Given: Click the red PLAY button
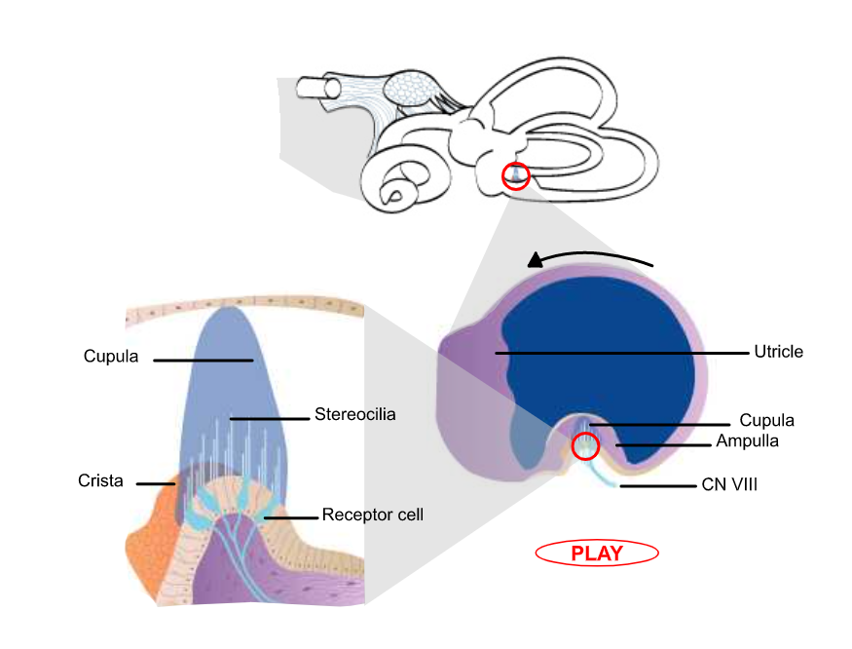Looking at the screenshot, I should coord(597,554).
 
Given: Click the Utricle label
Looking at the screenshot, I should coord(778,352).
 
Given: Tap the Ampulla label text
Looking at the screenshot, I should coord(747,441).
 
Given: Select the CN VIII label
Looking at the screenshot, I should coord(729,483).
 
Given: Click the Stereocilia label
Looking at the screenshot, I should coord(355,415).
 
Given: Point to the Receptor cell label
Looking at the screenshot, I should coord(372,515).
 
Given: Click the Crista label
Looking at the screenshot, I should coord(100,481).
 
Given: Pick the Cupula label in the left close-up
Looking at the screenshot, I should coord(111,357).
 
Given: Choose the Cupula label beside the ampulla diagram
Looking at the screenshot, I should coord(766,421).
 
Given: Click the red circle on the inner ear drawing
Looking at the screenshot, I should coord(515,176).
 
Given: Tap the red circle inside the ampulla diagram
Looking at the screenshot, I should coord(584,446).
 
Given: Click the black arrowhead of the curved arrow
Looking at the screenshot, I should coord(535,260).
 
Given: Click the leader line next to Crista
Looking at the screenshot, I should coord(155,482).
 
